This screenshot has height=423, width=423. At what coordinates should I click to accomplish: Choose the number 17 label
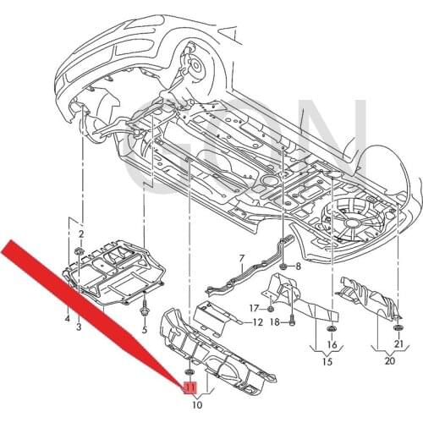click(251, 309)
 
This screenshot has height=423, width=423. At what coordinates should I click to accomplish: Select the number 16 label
click(332, 345)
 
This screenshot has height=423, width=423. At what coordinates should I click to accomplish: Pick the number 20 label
click(389, 361)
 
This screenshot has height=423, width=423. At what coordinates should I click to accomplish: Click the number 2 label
click(81, 233)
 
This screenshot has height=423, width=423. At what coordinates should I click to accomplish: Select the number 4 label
click(66, 318)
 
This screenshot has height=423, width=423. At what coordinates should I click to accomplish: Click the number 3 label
click(79, 326)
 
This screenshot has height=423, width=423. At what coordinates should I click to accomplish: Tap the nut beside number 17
click(270, 309)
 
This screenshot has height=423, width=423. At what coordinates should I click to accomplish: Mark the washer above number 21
click(398, 327)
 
